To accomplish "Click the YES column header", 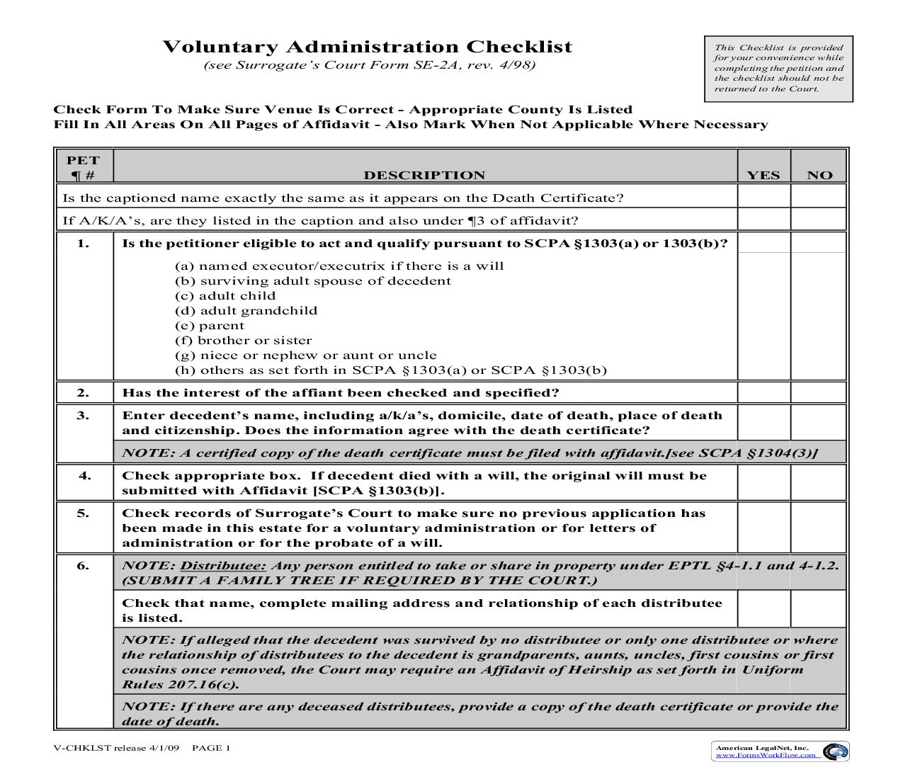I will click(763, 175).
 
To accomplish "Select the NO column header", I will click(819, 175).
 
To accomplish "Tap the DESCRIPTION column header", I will click(424, 175).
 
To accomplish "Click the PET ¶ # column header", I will click(84, 168).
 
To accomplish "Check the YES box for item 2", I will click(763, 392).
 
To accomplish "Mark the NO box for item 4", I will click(819, 482).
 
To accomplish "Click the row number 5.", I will click(84, 513).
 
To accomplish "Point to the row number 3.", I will click(84, 416).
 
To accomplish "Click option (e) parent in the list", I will click(210, 326).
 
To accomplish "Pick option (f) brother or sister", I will click(243, 341).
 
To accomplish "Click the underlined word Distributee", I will click(223, 565).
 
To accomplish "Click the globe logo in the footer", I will click(835, 751).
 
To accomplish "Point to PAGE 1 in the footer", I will click(211, 748).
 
